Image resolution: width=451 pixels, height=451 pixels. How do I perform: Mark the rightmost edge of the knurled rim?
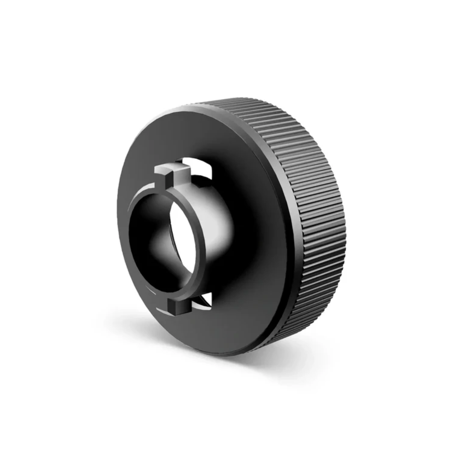(344, 225)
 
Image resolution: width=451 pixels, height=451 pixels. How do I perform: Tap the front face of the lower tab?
(177, 307)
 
